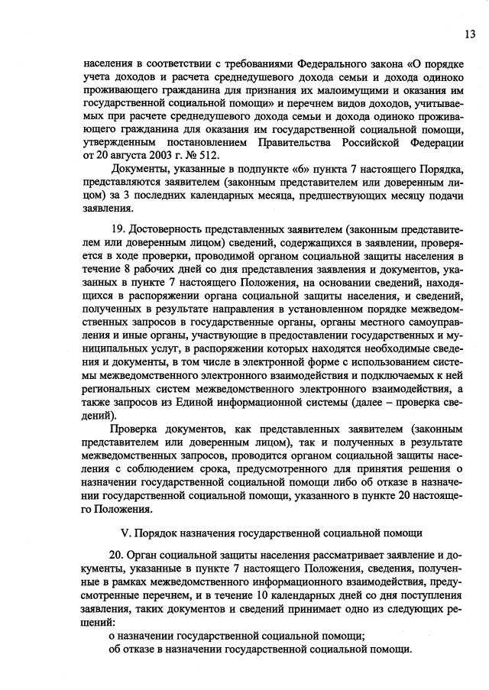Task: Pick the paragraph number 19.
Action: (118, 228)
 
